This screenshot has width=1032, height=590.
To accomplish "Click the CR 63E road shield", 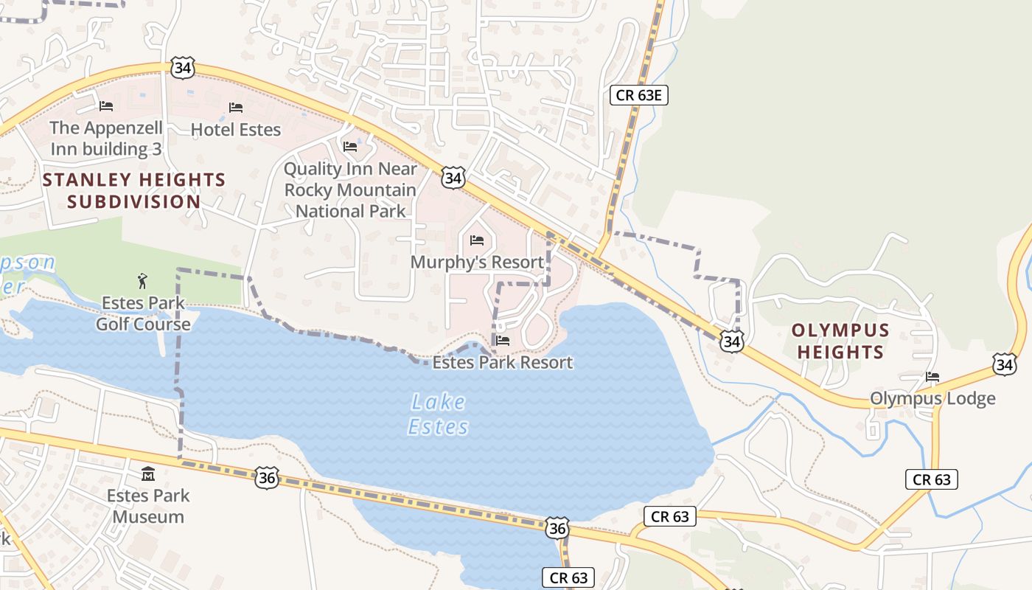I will click(639, 94).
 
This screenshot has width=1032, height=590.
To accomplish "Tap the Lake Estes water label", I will click(439, 414).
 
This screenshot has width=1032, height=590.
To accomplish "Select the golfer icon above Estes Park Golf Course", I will click(142, 280).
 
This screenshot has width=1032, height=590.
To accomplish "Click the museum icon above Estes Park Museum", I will click(147, 473).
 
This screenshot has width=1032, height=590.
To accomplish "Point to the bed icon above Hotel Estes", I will click(236, 108).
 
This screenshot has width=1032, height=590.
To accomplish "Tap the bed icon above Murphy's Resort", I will click(477, 240).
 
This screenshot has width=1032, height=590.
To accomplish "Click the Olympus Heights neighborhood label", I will click(840, 341).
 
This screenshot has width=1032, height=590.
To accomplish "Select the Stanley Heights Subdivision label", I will click(134, 190).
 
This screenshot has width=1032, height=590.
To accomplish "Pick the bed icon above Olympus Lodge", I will click(932, 377).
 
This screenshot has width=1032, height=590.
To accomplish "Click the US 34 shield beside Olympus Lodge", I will click(1004, 364).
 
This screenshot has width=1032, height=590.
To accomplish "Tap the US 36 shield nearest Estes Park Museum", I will click(267, 477).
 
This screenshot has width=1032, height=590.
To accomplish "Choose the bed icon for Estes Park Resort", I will click(503, 341).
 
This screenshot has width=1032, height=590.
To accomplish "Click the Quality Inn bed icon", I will click(350, 147).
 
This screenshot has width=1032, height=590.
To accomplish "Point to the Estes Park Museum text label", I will click(147, 506).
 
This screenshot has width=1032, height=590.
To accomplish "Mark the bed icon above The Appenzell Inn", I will click(106, 106).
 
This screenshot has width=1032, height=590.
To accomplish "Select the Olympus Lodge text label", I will click(932, 399).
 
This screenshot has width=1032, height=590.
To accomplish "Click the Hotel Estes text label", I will click(236, 130).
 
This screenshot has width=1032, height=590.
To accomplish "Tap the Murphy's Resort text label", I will click(477, 262).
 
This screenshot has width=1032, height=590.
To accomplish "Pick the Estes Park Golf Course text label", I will click(143, 313).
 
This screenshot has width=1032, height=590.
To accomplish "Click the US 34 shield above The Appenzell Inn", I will click(182, 68).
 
